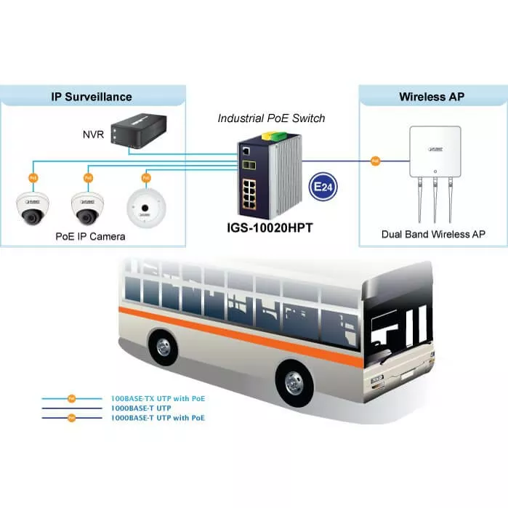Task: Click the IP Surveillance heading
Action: point(92,97)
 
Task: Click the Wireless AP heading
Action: point(431,97)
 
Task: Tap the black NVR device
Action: point(140,129)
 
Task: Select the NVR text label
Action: point(93,134)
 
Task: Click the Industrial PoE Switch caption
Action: point(271,118)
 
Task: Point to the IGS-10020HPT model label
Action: point(270,227)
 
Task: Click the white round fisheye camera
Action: point(144,208)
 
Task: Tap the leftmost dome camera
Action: point(31,208)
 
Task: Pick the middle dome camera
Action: point(86,208)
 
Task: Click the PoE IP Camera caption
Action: point(90,237)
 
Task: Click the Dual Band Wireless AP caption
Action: point(433,234)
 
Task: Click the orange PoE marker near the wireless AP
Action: point(375,160)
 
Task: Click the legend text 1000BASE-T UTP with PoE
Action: point(157,418)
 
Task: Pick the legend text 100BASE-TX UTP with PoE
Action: point(157,399)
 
